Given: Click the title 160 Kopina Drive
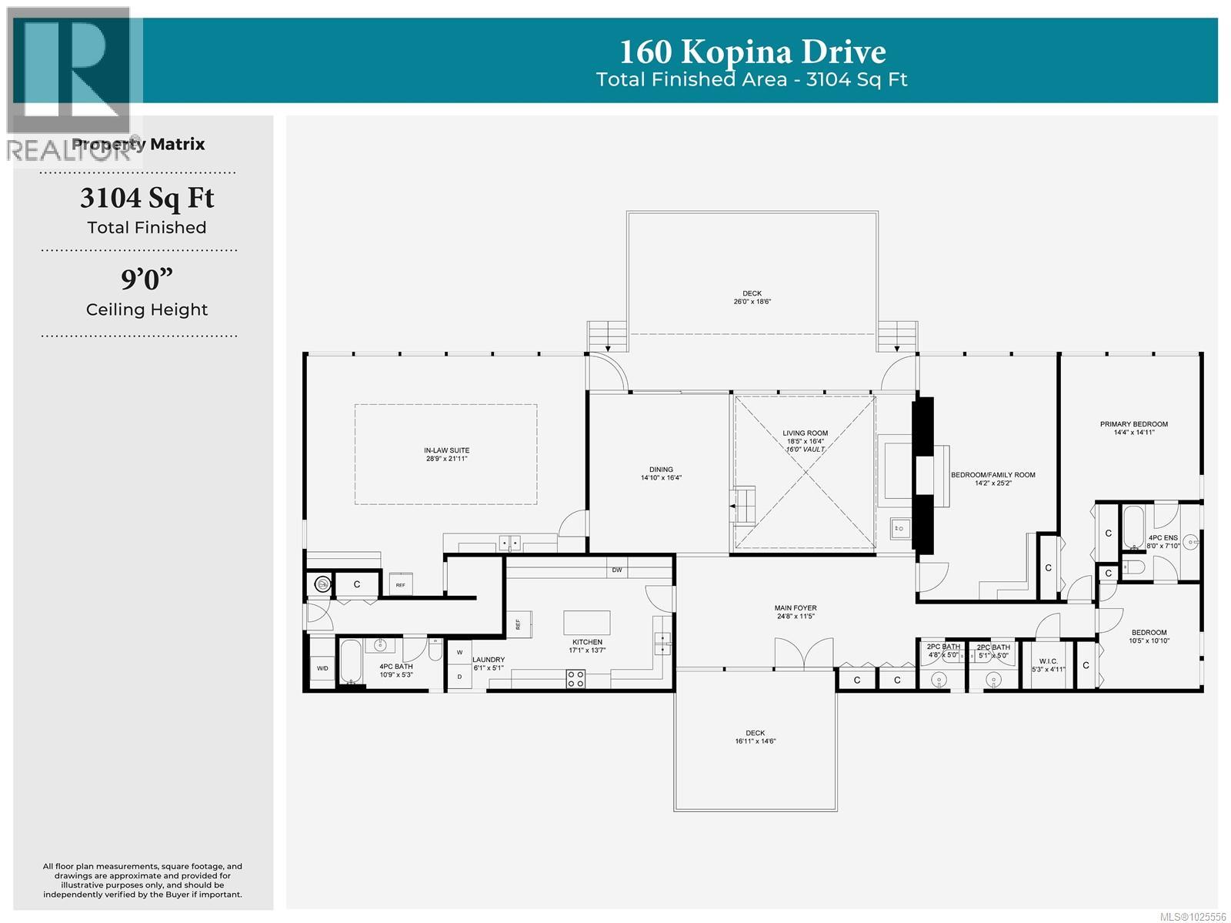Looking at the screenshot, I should [x=752, y=52].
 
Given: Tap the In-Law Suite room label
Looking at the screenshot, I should [x=446, y=454].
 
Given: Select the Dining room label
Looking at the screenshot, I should [x=661, y=473].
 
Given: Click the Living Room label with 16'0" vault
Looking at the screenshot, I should [x=805, y=441].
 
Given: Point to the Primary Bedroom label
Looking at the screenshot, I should [x=1133, y=428].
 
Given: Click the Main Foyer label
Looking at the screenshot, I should [x=796, y=612].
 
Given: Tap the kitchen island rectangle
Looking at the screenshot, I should [x=587, y=622].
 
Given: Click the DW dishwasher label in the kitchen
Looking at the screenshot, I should [x=616, y=570].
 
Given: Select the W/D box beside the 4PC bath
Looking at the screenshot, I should [x=322, y=668].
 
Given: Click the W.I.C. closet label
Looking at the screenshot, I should [x=1048, y=665].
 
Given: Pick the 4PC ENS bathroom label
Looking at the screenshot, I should [x=1163, y=542].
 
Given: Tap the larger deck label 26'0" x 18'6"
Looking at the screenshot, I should [x=752, y=297].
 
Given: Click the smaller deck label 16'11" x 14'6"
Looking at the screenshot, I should [x=755, y=737].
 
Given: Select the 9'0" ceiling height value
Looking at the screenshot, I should [x=146, y=279].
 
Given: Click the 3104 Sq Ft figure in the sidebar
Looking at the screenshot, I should [x=146, y=198].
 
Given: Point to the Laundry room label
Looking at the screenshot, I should [x=488, y=664].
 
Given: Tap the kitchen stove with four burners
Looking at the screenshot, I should [x=575, y=679].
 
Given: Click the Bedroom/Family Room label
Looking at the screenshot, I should [x=992, y=479].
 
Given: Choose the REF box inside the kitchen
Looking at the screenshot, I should [x=518, y=624].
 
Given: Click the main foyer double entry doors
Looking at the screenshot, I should [x=803, y=654].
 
